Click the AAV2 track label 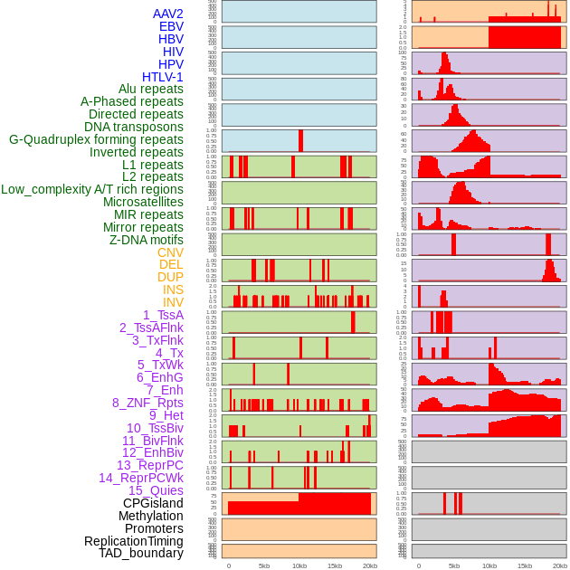click(167, 14)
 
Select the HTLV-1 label click(162, 77)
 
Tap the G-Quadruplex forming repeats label click(96, 139)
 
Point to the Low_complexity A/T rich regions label click(92, 189)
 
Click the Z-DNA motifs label click(146, 240)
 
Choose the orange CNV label click(170, 252)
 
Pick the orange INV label click(173, 302)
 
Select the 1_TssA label click(163, 315)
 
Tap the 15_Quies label click(154, 490)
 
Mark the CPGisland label click(153, 503)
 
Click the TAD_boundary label click(140, 553)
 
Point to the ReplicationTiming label click(133, 541)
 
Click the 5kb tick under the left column click(264, 565)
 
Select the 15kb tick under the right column click(525, 565)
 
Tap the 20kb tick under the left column click(369, 565)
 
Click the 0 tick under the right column click(419, 565)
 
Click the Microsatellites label click(143, 202)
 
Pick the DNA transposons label click(134, 127)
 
